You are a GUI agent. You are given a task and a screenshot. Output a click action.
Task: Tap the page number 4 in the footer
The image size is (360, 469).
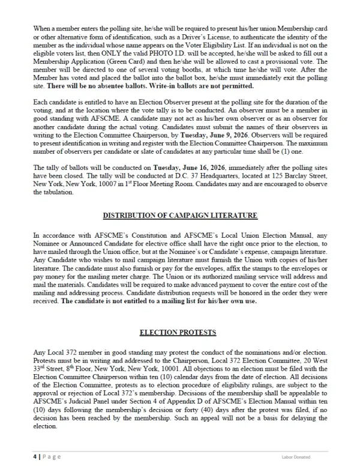click(35, 456)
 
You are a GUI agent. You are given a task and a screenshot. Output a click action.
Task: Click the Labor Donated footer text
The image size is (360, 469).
click(296, 457)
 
